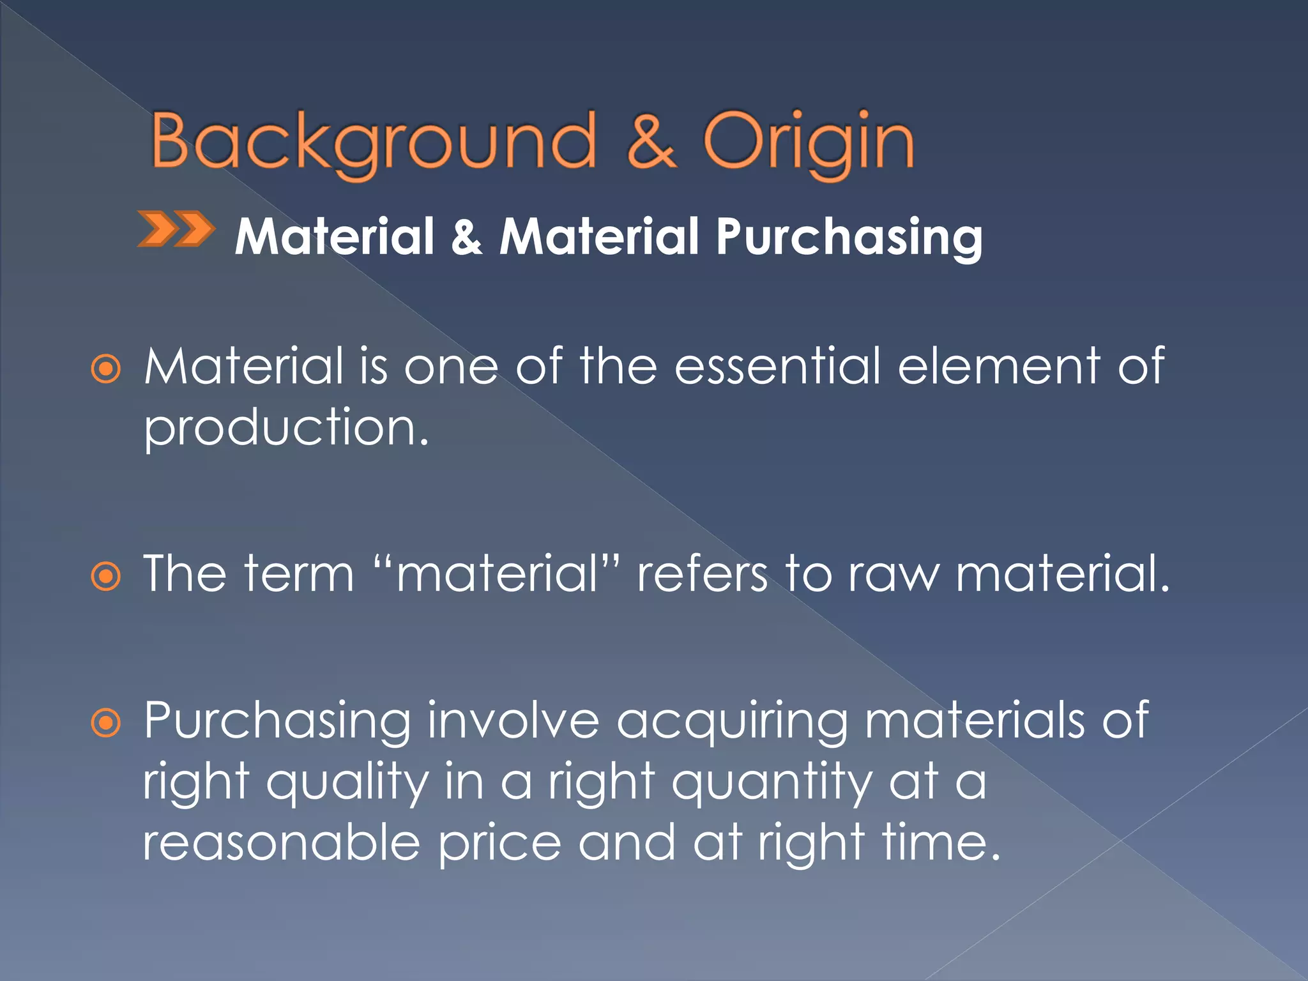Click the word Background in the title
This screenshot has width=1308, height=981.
coord(374,142)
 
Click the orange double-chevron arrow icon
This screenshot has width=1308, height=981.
coord(176,229)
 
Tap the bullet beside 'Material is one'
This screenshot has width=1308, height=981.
coord(105,369)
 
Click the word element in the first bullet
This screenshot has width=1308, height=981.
coord(999,367)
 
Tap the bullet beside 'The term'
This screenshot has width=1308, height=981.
coord(105,577)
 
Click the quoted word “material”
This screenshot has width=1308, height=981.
coord(497,574)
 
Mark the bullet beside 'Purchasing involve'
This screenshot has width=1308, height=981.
coord(105,724)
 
